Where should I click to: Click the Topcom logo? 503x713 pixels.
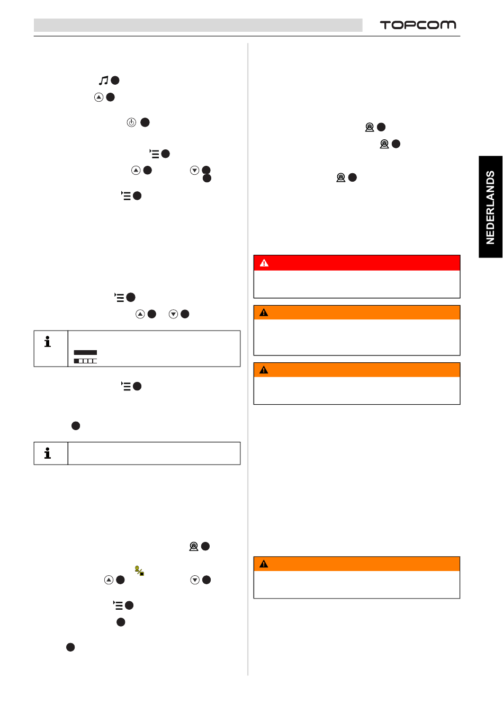point(418,25)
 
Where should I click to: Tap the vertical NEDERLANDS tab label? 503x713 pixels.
point(490,207)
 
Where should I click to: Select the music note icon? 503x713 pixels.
point(104,80)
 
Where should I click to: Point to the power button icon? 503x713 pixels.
point(131,122)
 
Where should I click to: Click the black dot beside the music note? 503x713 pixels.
point(115,81)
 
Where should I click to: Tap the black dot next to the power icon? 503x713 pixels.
point(145,122)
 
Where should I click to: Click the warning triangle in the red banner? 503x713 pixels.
point(264,263)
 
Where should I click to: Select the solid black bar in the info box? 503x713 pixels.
point(85,352)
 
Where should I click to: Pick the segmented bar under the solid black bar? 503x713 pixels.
point(85,361)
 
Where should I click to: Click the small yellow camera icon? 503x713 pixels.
point(140,571)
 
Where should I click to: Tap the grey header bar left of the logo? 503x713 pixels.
point(198,25)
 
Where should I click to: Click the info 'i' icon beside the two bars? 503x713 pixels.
point(48,342)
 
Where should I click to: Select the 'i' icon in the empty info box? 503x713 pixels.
point(48,453)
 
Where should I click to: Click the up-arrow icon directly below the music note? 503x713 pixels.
point(98,97)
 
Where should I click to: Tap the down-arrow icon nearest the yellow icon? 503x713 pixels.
point(195,580)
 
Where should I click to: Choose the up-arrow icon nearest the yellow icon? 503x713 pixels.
point(109,580)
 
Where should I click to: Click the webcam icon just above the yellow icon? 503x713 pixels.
point(194,546)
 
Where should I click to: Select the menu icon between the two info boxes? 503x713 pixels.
point(126,386)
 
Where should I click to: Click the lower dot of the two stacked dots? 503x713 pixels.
point(207,179)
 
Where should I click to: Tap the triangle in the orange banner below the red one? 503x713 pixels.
point(264,313)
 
